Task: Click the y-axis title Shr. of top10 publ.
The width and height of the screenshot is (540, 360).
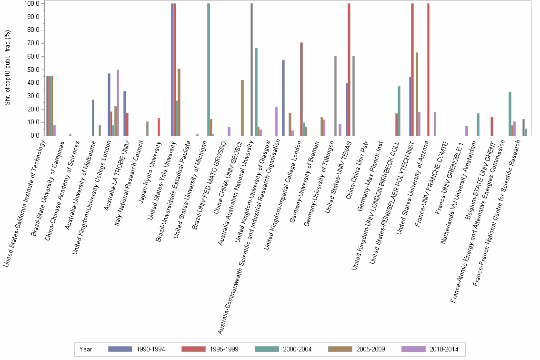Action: coord(7,69)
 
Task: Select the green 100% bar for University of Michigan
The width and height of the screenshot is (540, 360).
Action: coord(209,70)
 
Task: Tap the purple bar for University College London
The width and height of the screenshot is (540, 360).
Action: coord(118,102)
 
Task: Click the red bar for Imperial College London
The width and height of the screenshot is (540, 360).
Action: coord(301,89)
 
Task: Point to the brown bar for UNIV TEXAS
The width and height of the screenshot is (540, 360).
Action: coord(353,96)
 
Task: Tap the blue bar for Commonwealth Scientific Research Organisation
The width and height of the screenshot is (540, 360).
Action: coord(283,98)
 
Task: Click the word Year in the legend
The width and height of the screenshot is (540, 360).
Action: coord(86,350)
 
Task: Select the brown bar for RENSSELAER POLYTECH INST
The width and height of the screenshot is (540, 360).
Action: coord(417,94)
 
